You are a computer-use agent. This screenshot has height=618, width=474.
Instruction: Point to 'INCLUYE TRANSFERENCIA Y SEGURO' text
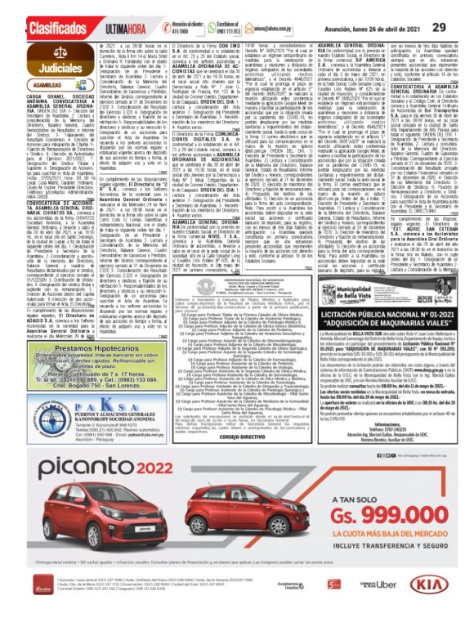[396, 545]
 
